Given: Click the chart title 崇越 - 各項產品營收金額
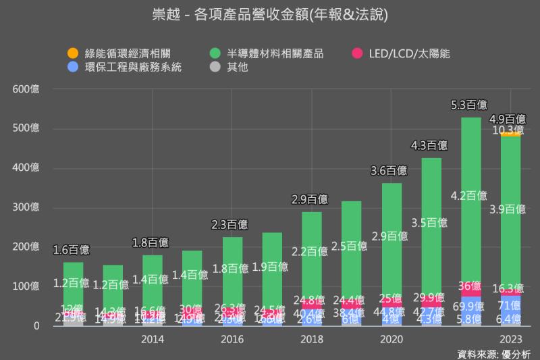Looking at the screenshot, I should click(x=270, y=14).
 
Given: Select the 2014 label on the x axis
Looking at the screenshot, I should click(x=153, y=340).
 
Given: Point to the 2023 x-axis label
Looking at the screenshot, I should click(x=510, y=340).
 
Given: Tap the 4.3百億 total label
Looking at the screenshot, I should click(x=430, y=145).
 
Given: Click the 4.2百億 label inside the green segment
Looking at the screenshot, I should click(x=470, y=196).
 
